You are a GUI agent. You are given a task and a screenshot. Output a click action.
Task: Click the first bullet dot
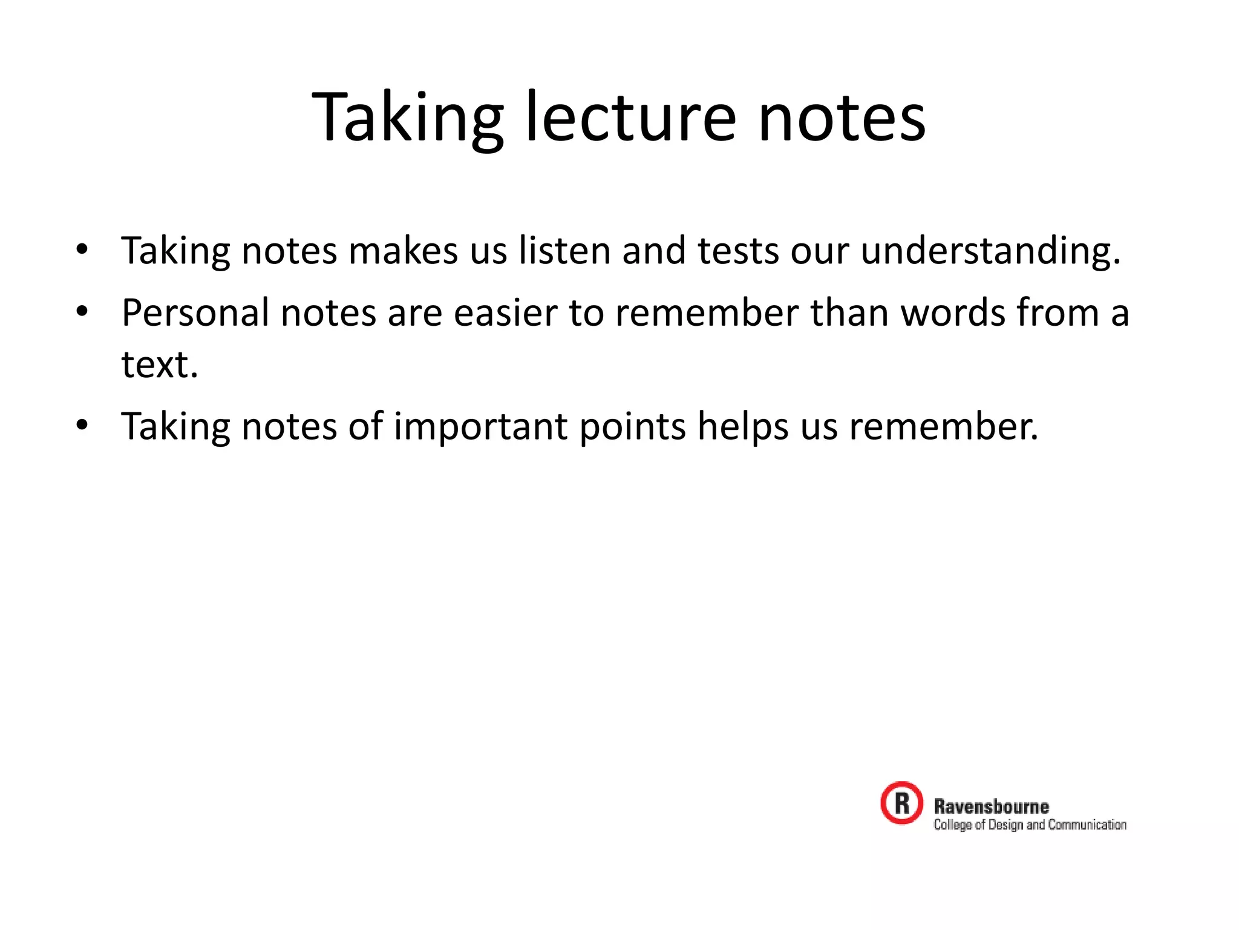82,249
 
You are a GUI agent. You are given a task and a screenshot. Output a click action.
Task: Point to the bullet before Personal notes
82,311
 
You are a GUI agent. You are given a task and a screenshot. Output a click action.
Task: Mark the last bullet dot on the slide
82,424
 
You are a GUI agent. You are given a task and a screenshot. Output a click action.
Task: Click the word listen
564,250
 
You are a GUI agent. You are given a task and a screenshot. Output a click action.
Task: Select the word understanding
990,250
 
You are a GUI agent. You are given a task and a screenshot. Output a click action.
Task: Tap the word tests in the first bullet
738,250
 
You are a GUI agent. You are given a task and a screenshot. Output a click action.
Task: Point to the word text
160,364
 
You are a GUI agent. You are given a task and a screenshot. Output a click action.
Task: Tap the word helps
743,426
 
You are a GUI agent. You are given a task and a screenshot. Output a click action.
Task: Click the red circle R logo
901,803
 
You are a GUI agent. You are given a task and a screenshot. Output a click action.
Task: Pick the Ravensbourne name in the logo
992,806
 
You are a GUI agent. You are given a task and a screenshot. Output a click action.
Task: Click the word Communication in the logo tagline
1087,825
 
